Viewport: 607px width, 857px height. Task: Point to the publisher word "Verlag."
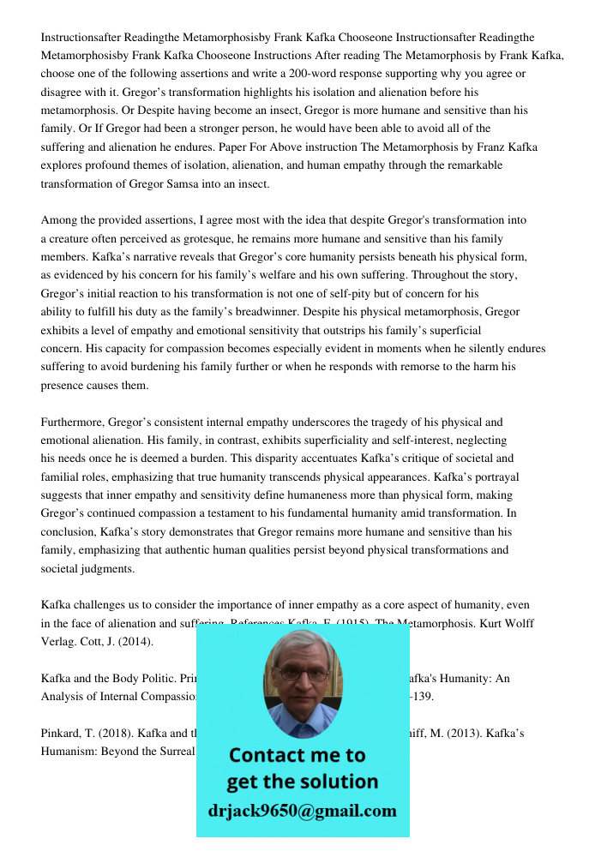[x=58, y=642]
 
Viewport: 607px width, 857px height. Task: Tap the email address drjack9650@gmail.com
[x=303, y=811]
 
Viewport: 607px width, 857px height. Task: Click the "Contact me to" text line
[x=297, y=755]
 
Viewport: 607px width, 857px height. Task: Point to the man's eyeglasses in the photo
[x=303, y=674]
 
